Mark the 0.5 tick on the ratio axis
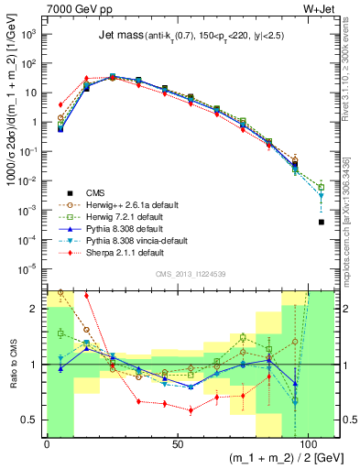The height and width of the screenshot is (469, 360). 33,420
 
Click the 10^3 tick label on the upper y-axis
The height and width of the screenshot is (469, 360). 30,34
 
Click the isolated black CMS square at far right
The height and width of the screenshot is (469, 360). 321,222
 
